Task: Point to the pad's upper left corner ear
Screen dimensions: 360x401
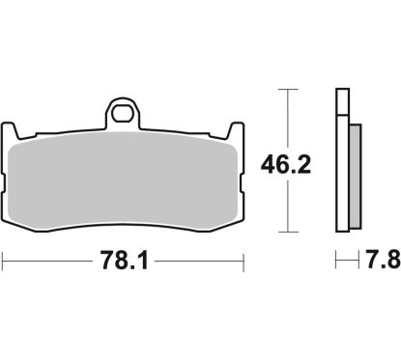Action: point(10,130)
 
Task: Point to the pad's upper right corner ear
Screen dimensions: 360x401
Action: point(236,130)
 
